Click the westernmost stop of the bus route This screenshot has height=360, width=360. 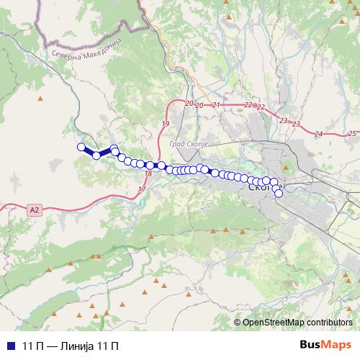point(81,147)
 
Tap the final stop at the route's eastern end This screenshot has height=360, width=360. point(279,193)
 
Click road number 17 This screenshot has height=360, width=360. point(141,189)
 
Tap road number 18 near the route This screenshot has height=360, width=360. point(148,174)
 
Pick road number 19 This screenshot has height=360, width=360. point(165,125)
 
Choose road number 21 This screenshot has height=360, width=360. point(217,105)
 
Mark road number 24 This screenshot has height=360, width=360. point(318,135)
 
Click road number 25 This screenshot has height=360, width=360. point(351,133)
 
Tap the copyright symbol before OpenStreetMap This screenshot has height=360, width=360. point(238,322)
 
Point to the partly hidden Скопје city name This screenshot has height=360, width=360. point(257,186)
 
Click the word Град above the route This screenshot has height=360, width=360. point(176,144)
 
